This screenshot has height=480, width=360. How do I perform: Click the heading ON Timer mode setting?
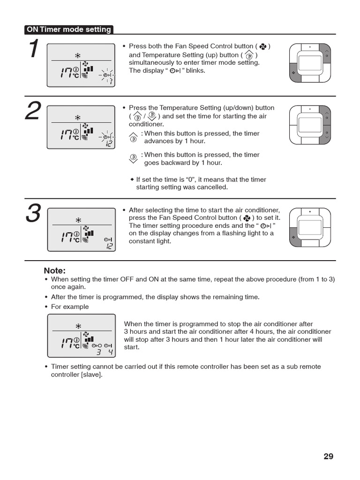[69, 30]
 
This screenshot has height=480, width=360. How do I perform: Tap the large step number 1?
[33, 50]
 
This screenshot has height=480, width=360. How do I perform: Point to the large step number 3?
[33, 214]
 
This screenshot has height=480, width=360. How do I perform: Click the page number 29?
[328, 456]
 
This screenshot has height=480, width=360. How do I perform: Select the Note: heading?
[54, 270]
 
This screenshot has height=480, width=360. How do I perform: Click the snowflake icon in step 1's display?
[78, 54]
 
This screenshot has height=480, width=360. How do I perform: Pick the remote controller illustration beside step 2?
[310, 125]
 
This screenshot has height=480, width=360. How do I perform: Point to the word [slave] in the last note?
[91, 375]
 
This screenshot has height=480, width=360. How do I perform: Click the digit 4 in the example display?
[110, 352]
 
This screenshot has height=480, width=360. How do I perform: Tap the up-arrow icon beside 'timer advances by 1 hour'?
[133, 137]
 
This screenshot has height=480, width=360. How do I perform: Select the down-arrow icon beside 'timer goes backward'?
[133, 158]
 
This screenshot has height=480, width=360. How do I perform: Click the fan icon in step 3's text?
[247, 218]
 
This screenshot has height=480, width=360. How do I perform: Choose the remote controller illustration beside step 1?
[310, 62]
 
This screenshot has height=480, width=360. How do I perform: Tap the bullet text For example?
[70, 307]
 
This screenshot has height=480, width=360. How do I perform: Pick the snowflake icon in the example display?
[78, 325]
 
